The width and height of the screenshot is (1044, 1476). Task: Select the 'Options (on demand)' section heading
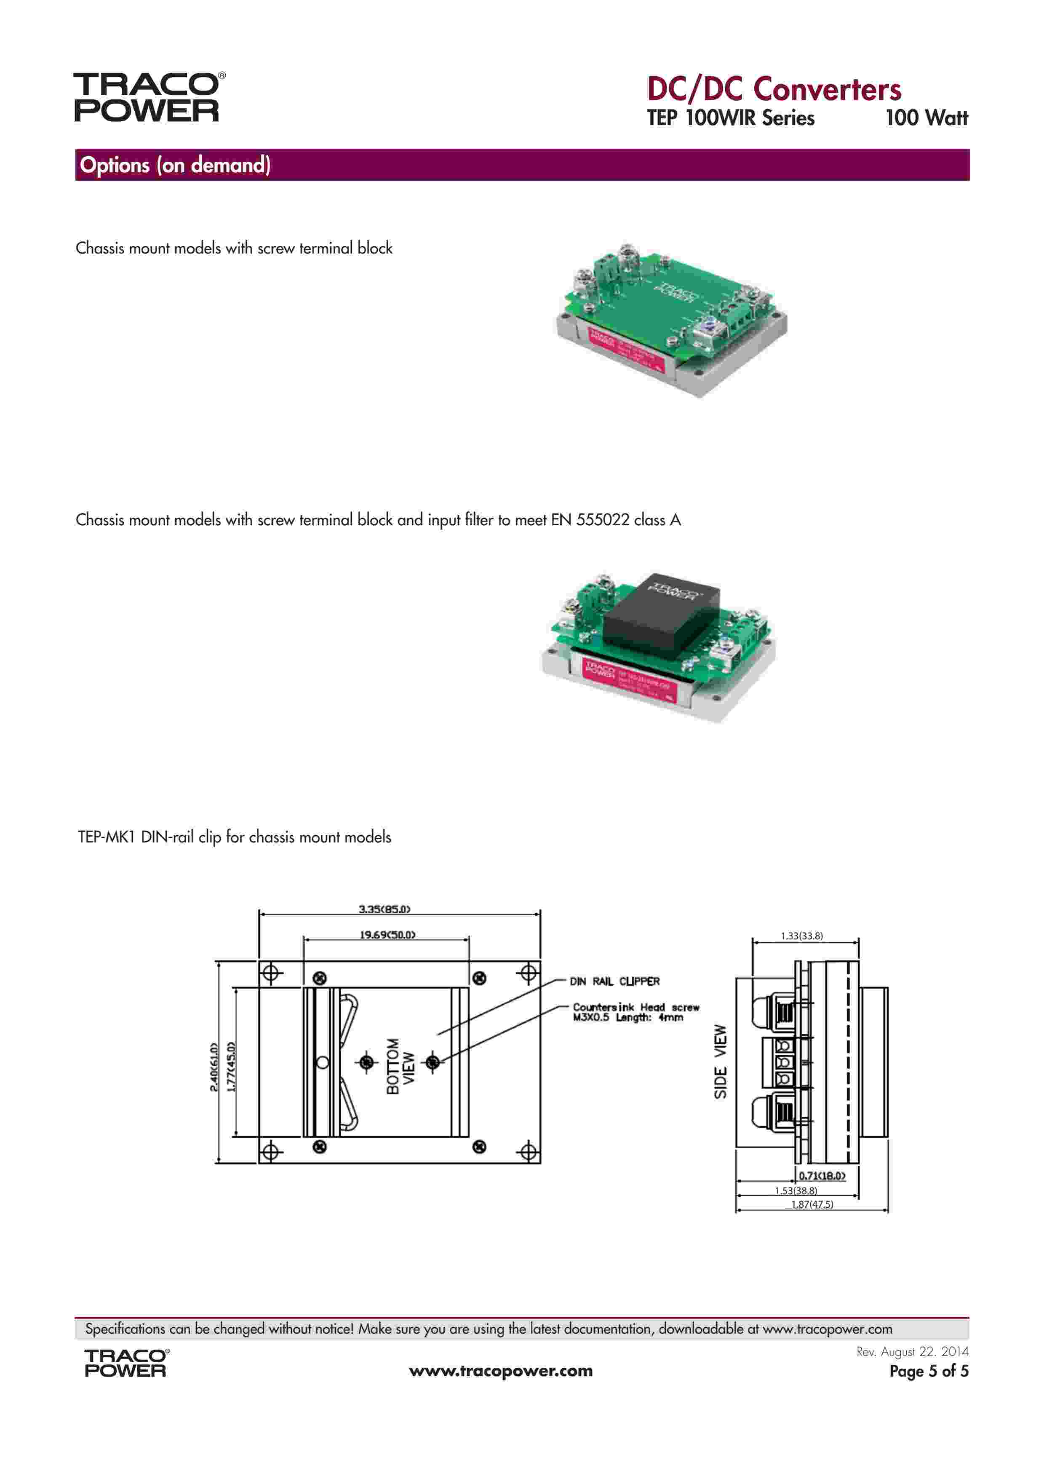175,165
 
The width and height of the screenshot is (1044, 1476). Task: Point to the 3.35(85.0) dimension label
384,909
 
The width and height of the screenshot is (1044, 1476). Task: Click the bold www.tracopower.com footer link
501,1371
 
